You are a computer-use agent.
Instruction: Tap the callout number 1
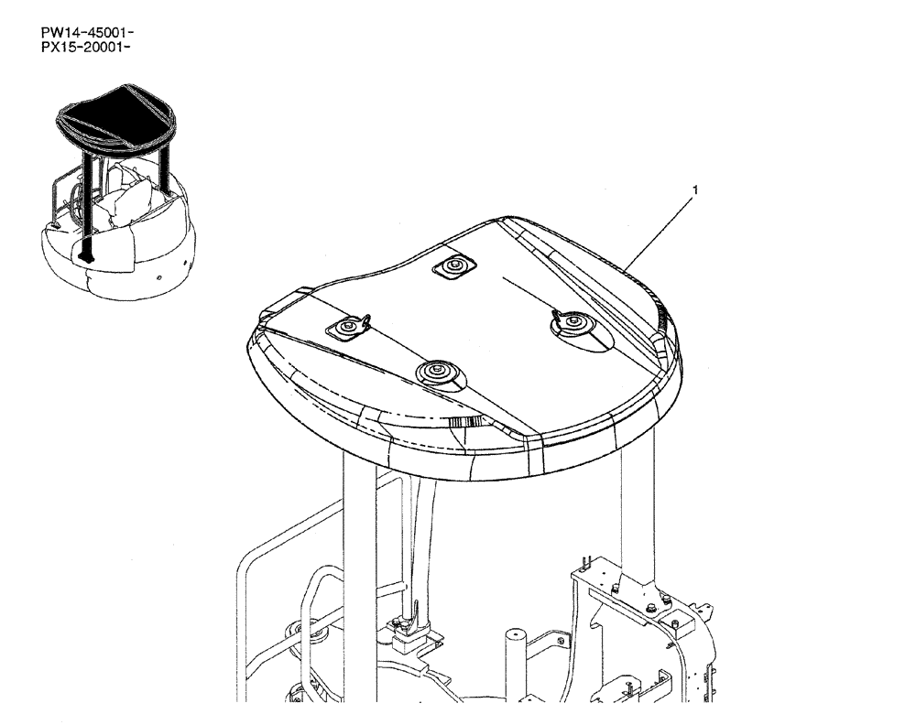(x=695, y=190)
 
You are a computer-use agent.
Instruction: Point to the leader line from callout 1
(x=660, y=229)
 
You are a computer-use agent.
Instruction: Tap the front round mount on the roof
(x=436, y=372)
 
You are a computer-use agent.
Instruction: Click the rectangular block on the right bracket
(x=681, y=627)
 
